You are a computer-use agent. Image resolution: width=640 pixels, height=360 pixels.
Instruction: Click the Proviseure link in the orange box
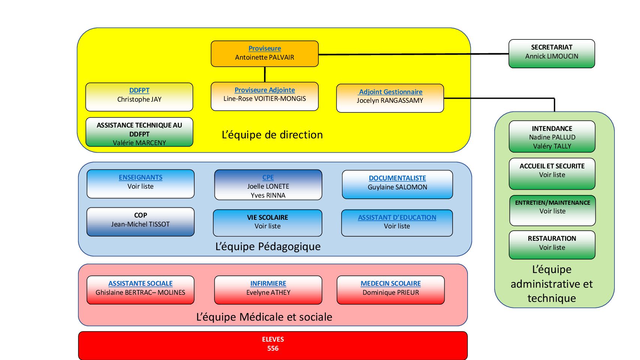[x=265, y=48]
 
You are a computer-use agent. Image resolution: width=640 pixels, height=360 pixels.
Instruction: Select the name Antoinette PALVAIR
[x=265, y=57]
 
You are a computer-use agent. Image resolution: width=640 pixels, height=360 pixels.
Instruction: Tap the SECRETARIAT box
[x=552, y=54]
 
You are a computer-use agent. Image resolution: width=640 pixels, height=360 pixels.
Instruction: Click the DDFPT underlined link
[x=139, y=90]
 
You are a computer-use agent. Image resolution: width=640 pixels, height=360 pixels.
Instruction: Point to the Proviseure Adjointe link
[x=265, y=90]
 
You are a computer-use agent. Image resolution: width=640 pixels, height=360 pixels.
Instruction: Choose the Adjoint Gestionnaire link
[x=391, y=92]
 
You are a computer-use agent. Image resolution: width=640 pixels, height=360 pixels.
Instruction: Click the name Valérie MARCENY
[x=139, y=143]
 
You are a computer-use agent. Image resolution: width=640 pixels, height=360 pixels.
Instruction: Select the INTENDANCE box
[x=552, y=136]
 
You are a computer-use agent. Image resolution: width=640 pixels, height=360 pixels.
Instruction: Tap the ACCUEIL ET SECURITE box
[x=552, y=174]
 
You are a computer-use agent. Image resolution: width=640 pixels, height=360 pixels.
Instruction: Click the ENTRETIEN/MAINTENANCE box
[x=552, y=210]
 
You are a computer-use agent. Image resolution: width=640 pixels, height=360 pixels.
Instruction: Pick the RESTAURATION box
[x=552, y=245]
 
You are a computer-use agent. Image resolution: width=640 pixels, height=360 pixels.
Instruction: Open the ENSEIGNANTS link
[x=141, y=177]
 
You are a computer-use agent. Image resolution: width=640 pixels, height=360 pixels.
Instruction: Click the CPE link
[x=268, y=177]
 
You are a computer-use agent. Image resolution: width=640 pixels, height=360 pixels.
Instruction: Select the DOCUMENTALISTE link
[x=397, y=178]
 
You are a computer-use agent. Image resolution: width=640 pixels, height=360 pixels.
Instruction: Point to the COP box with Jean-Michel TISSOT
[x=141, y=222]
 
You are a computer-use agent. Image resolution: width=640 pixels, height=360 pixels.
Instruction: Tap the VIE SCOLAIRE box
[x=268, y=223]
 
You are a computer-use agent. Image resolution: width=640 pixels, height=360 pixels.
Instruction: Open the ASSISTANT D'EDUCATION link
[x=397, y=217]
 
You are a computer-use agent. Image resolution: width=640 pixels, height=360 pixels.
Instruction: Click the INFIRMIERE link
[x=268, y=283]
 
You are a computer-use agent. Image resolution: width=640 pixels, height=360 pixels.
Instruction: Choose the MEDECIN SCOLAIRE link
[x=391, y=283]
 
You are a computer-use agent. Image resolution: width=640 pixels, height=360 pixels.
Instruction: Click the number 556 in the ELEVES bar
[x=273, y=348]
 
